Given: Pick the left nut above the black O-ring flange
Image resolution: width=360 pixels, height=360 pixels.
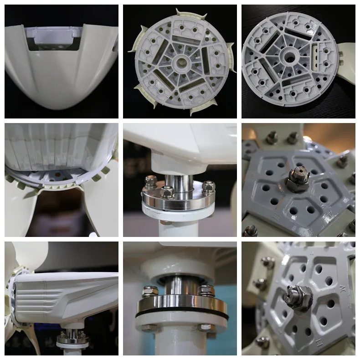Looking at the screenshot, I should pyautogui.click(x=150, y=290).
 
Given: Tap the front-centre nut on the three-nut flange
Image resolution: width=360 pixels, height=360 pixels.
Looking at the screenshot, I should pyautogui.click(x=167, y=192).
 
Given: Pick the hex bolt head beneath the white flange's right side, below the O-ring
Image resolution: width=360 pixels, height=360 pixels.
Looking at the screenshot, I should pyautogui.click(x=206, y=327).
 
